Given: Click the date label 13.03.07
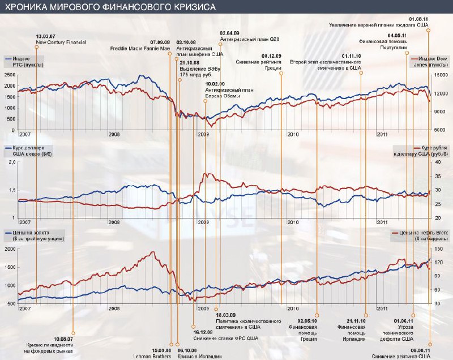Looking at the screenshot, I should [x=45, y=36].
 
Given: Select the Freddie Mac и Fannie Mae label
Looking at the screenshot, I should [x=140, y=48].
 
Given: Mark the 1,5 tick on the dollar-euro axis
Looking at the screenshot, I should [x=11, y=190].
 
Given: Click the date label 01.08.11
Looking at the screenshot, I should [x=420, y=19].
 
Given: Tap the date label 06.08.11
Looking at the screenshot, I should [x=420, y=350].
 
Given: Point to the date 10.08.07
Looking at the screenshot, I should [x=63, y=339].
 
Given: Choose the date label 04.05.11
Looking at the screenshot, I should [x=397, y=36].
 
